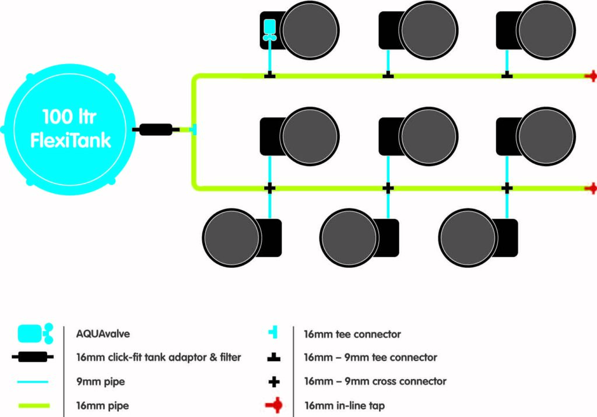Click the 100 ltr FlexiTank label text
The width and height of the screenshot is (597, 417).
coord(71,128)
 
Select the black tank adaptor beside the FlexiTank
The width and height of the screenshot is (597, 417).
coord(156,130)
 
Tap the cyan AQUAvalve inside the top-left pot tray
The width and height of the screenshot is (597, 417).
coord(270,30)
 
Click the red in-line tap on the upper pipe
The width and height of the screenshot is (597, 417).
coord(592,76)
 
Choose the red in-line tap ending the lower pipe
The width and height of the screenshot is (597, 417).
coord(592,188)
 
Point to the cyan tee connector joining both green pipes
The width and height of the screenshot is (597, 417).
coord(194,129)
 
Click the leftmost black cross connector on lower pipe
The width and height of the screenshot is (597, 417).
coord(269,188)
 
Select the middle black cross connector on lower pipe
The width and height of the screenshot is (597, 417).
coord(388,188)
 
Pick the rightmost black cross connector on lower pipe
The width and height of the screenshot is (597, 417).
coord(507,188)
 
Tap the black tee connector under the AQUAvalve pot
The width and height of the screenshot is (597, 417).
coord(269,75)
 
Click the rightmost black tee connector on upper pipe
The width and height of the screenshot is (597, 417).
coord(507,75)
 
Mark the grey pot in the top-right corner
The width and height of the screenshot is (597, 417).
coord(546,30)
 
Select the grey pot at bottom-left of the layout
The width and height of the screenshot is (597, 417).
coord(232,238)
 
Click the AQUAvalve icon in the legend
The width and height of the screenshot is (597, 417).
coord(36,334)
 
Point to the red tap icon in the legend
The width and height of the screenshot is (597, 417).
coord(274,405)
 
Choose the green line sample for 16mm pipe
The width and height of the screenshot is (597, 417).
coord(34,405)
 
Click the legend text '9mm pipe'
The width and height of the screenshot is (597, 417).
coord(100,381)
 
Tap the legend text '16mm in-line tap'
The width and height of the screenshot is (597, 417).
coord(345,405)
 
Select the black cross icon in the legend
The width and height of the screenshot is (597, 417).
coord(274,381)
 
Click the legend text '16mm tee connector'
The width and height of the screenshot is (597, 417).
coord(352,334)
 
